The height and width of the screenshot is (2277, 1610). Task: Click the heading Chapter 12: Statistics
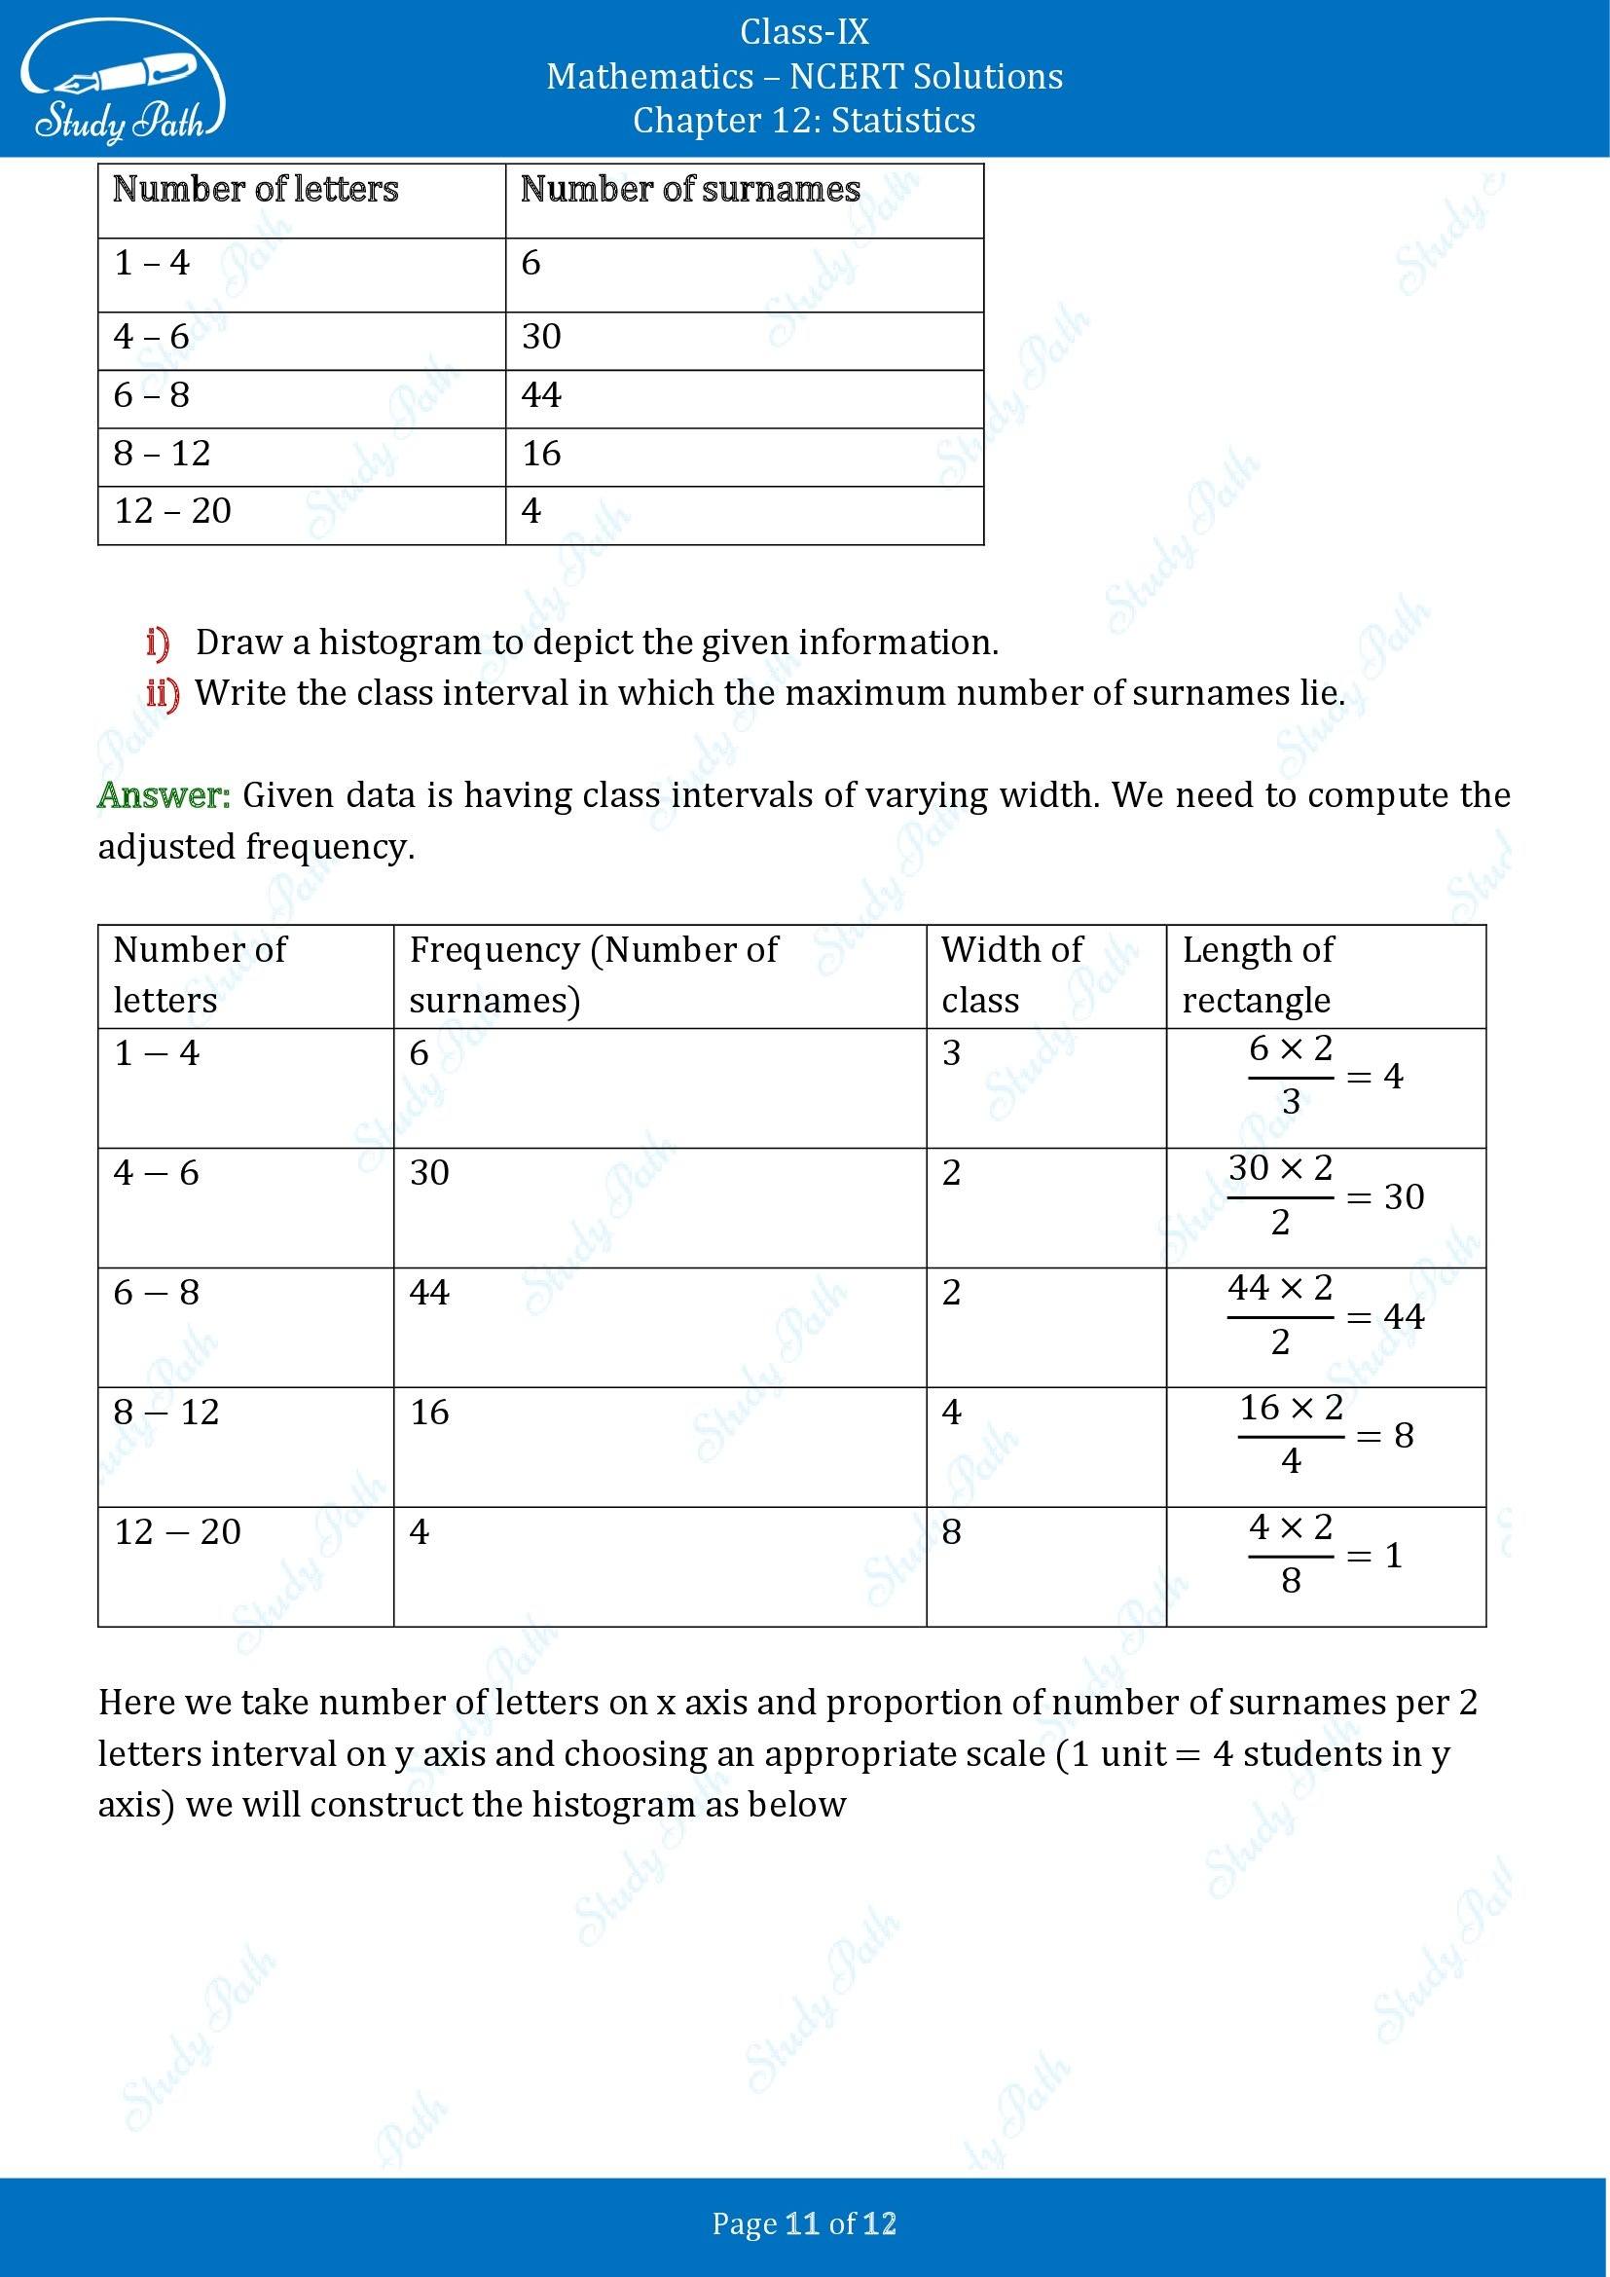coord(804,120)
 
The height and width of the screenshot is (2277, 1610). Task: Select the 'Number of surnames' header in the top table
coord(690,190)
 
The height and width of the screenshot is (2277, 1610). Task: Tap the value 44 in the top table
coord(541,395)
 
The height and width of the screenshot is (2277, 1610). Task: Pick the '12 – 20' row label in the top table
coord(172,512)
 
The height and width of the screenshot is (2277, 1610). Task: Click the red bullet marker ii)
coord(162,693)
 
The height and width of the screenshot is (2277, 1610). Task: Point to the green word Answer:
coord(164,795)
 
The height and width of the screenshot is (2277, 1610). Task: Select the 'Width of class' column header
coord(1011,973)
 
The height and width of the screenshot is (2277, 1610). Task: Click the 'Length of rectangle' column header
coord(1257,973)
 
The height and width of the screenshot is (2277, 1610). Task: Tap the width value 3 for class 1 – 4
coord(951,1053)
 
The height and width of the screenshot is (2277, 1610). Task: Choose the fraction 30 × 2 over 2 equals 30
coord(1325,1196)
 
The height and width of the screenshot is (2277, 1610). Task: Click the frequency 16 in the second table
coord(429,1413)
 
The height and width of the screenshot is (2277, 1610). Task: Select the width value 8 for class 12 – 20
coord(951,1532)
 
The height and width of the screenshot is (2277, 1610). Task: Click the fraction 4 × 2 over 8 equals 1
coord(1325,1554)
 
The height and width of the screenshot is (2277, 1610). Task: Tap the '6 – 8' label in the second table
coord(157,1293)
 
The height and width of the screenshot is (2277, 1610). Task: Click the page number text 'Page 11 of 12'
coord(804,2224)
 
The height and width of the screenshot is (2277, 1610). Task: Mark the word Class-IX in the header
coord(804,33)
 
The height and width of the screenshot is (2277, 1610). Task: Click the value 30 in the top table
coord(541,337)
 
